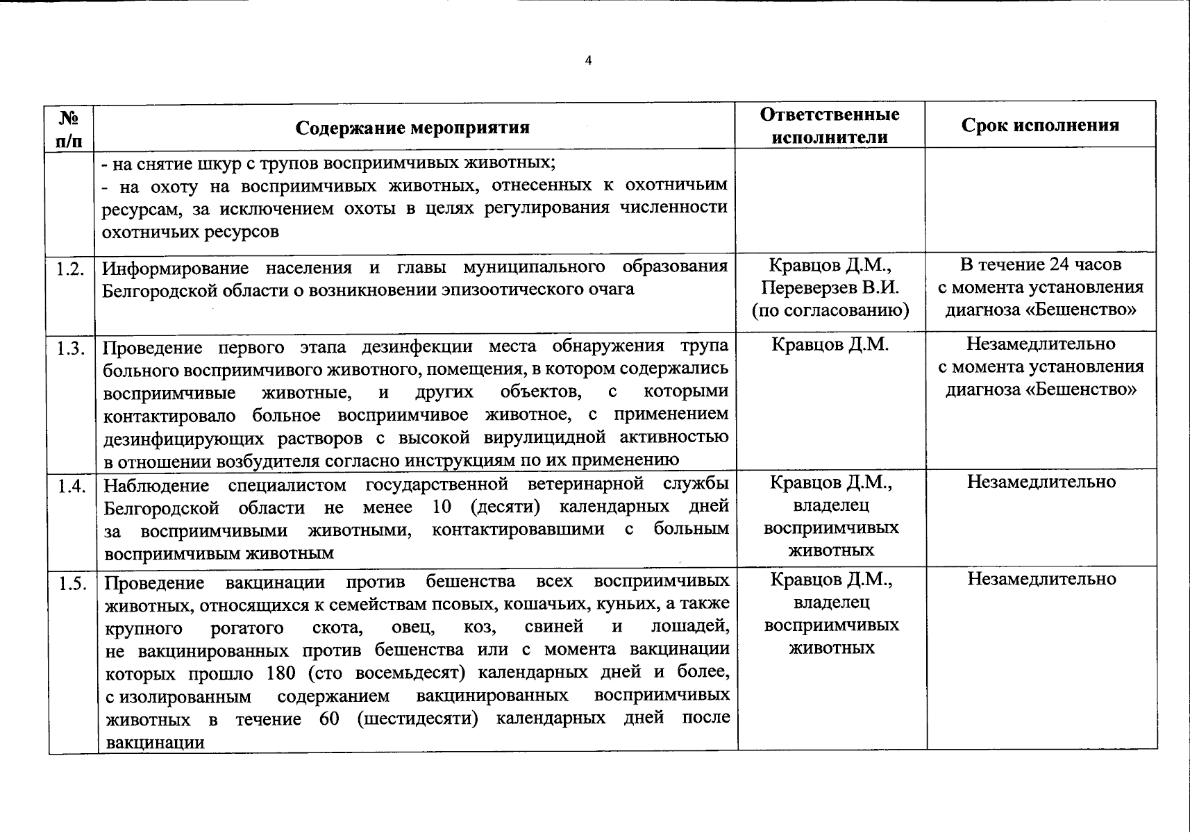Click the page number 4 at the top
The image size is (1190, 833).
[x=589, y=60]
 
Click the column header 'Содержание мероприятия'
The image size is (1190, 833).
[x=412, y=128]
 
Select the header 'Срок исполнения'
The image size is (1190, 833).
[x=1040, y=125]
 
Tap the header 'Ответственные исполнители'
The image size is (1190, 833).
[x=830, y=126]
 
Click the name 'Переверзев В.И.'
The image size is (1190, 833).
[x=830, y=287]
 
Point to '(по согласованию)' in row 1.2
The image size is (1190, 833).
[x=830, y=310]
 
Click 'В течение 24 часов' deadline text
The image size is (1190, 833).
[x=1040, y=264]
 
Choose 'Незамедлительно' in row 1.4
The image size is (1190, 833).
[x=1041, y=482]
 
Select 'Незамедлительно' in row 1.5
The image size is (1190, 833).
[x=1041, y=579]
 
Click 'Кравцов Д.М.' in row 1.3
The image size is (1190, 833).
[x=830, y=345]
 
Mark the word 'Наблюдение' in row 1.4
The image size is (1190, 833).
[x=156, y=485]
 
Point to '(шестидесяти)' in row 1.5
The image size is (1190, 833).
[x=418, y=718]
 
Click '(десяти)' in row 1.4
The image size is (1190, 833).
[x=505, y=507]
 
